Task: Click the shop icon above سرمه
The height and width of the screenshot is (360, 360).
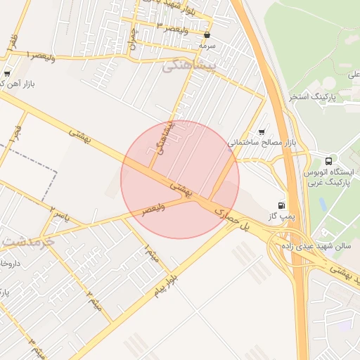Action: click(x=207, y=34)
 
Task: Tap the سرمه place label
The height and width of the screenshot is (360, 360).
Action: click(x=206, y=45)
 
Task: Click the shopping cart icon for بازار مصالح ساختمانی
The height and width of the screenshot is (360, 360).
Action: click(x=262, y=131)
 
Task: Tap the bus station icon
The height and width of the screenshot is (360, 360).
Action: click(x=330, y=160)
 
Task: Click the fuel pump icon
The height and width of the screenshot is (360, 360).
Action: click(x=282, y=205)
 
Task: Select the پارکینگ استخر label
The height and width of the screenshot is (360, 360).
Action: click(x=312, y=96)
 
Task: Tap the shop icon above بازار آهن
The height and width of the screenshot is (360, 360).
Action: click(x=7, y=72)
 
